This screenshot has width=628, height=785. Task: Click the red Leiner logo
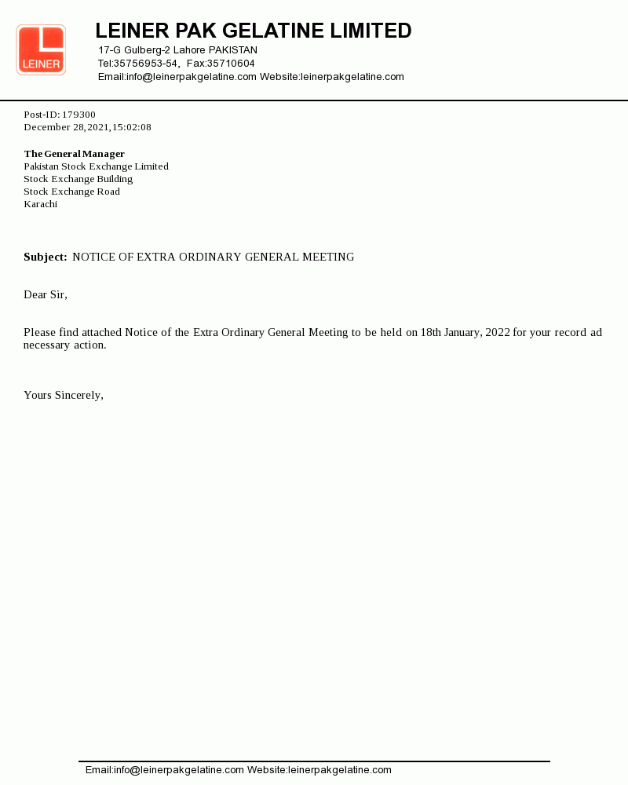coord(41,50)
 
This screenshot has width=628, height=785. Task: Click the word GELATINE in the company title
coord(273,31)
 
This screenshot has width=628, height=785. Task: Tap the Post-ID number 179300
coord(78,115)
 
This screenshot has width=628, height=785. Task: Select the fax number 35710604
coord(231,64)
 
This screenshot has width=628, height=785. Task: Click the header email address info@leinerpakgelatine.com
coord(192,77)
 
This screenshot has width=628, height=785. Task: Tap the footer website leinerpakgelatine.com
coord(340,770)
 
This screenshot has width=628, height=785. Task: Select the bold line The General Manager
coord(75,154)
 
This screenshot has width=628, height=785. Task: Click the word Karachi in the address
coord(41,204)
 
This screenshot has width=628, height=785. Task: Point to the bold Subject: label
coord(46,257)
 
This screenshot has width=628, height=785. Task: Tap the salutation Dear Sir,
coord(46,294)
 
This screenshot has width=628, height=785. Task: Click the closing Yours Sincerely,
coord(64,395)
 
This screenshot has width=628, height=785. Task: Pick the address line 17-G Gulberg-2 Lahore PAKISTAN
coord(178,50)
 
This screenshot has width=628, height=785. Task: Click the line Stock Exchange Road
coord(72,192)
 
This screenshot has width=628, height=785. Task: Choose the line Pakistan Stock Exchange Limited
coord(97,166)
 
